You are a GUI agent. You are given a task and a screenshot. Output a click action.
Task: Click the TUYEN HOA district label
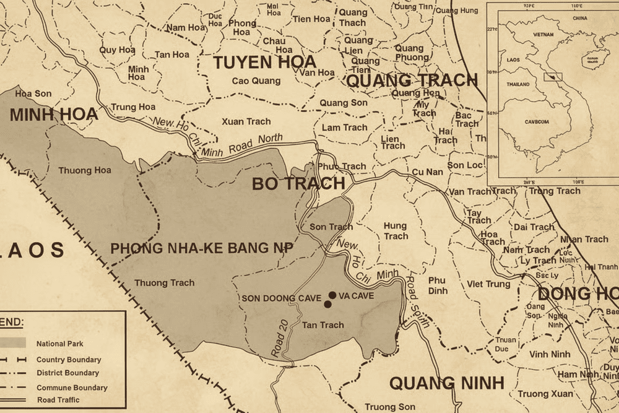tap(264, 62)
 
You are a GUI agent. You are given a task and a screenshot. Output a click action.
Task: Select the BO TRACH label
tap(298, 183)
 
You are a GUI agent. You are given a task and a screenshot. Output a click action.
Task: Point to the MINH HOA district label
tap(54, 114)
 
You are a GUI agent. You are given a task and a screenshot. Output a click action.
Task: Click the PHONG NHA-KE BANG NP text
tap(202, 248)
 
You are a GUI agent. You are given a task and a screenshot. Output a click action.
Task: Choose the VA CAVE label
tap(357, 296)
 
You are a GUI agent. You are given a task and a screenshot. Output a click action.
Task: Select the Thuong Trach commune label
tap(164, 283)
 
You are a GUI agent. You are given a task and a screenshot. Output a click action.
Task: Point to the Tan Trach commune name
tap(322, 325)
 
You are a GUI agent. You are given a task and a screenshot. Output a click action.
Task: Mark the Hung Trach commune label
tap(395, 231)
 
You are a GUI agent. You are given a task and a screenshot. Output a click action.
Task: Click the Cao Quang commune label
tap(256, 80)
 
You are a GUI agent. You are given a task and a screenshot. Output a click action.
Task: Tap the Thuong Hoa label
tap(85, 170)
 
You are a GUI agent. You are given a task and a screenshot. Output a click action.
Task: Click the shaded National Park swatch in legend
tap(13, 343)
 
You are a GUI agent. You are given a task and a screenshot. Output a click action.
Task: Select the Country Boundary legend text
tap(69, 360)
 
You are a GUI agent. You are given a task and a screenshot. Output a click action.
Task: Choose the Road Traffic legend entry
tap(58, 400)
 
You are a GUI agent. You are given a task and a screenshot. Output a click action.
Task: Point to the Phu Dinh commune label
tap(437, 285)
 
